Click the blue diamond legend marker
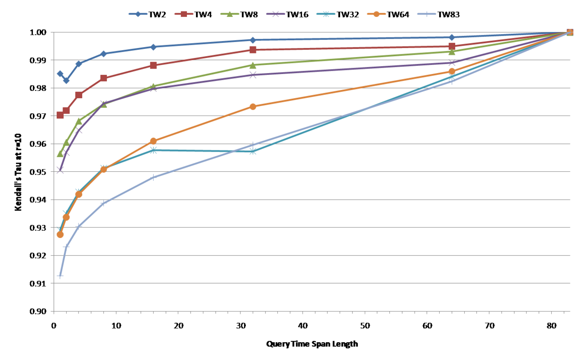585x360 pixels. (x=138, y=14)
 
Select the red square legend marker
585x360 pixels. (x=184, y=14)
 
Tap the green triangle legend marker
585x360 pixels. (x=229, y=14)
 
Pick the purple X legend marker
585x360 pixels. (x=276, y=14)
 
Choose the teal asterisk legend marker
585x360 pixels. (x=325, y=14)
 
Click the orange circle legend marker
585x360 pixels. (x=376, y=14)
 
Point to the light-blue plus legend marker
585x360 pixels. (x=426, y=14)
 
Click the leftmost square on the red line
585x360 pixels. (x=60, y=115)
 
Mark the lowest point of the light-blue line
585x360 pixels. (x=60, y=276)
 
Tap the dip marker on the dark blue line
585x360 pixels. (x=66, y=80)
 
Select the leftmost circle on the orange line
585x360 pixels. (x=60, y=234)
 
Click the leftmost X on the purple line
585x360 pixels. (x=60, y=170)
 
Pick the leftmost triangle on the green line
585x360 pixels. (x=60, y=154)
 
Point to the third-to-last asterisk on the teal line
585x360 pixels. (x=253, y=152)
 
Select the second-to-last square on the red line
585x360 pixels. (x=452, y=46)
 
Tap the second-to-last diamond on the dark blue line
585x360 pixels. (x=452, y=37)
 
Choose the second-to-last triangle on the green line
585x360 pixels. (x=452, y=52)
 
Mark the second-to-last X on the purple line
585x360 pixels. (x=452, y=63)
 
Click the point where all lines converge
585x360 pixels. (x=570, y=32)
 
